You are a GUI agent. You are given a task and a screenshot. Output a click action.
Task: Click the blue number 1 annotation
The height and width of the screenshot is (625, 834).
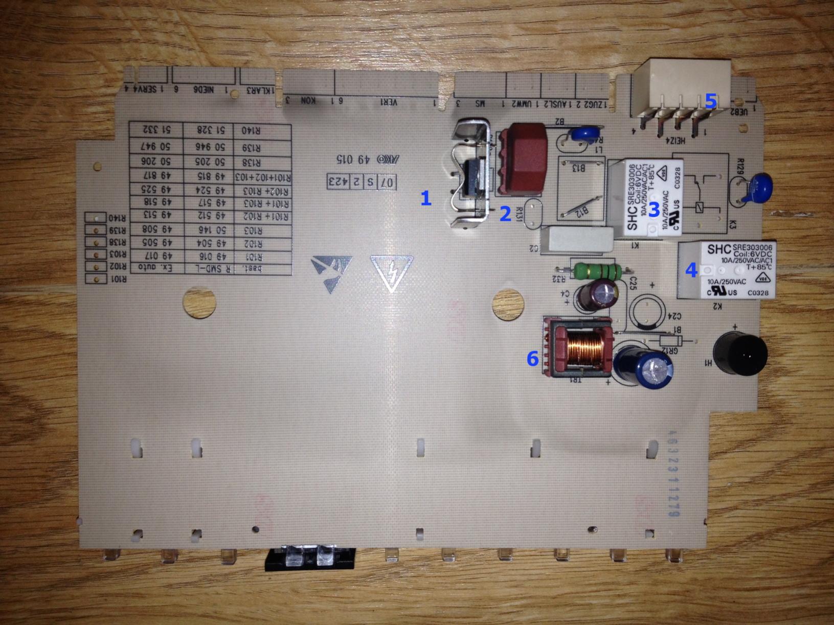[x=426, y=198]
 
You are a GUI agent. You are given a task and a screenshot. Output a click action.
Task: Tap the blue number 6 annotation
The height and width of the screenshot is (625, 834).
[x=533, y=359]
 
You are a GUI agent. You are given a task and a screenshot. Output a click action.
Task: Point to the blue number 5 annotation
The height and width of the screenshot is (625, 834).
[x=710, y=101]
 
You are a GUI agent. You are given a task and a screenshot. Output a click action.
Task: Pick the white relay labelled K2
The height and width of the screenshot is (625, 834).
[x=726, y=269]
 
